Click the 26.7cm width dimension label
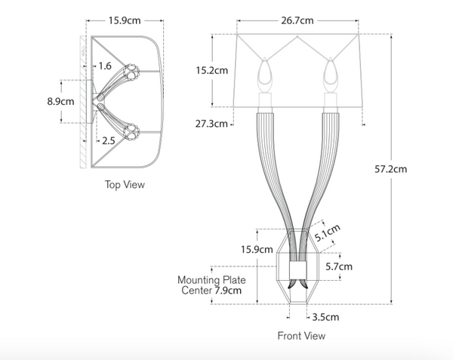[299, 21]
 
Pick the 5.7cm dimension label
[339, 266]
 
